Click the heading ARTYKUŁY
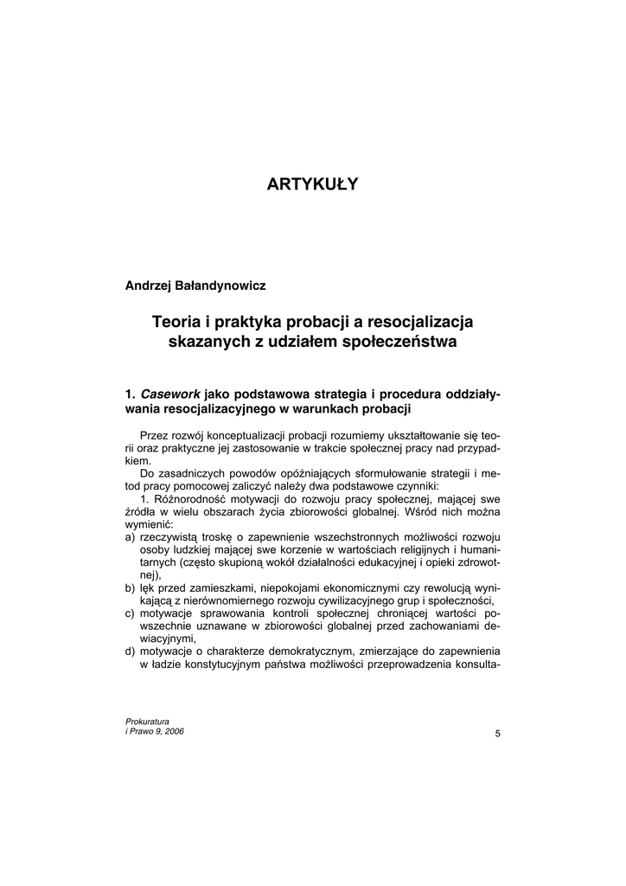tap(312, 184)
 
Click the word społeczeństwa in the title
tap(405, 342)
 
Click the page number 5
tap(497, 734)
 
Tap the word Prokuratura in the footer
tap(148, 721)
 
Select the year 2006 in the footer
tap(172, 731)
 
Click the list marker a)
tap(131, 537)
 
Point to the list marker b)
tap(131, 587)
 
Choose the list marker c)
tap(131, 613)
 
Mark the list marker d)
tap(131, 650)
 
